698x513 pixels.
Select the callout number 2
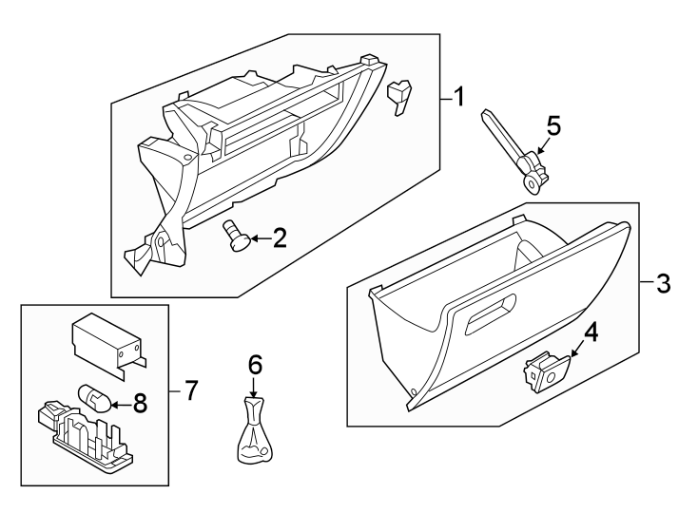[x=280, y=237]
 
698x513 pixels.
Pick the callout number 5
[x=553, y=125]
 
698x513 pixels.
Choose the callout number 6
[x=253, y=364]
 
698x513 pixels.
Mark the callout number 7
[x=191, y=389]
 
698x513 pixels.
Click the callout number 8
[x=141, y=404]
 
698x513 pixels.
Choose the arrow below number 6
[x=253, y=387]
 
